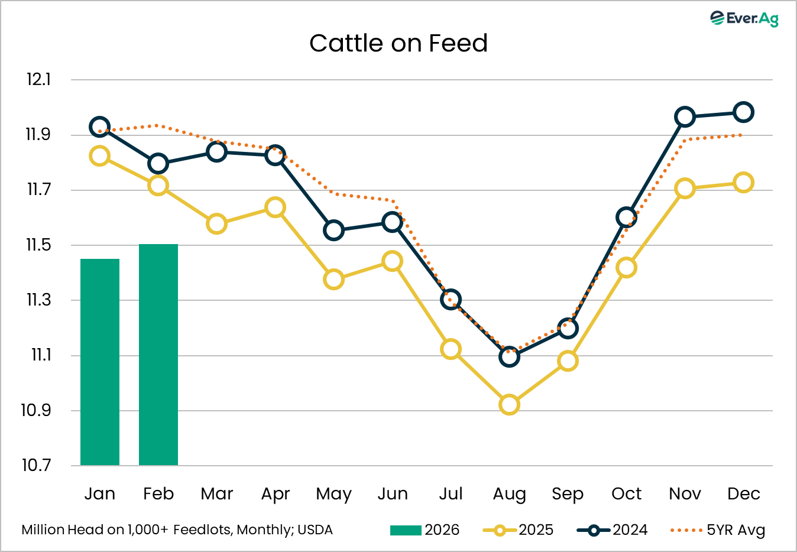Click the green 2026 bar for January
tap(100, 362)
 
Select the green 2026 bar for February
tap(158, 355)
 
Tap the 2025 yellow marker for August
tap(509, 405)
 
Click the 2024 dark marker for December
tap(743, 112)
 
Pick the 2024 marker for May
tap(334, 230)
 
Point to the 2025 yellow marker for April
tap(275, 207)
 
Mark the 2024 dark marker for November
tap(685, 116)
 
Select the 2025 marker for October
tap(626, 268)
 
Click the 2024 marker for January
tap(99, 127)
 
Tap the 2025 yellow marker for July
tap(451, 349)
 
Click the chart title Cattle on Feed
tap(398, 43)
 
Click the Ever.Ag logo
tap(744, 18)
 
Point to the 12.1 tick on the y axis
tap(38, 79)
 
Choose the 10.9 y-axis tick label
tap(36, 410)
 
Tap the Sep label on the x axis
tap(568, 494)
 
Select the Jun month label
tap(392, 493)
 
